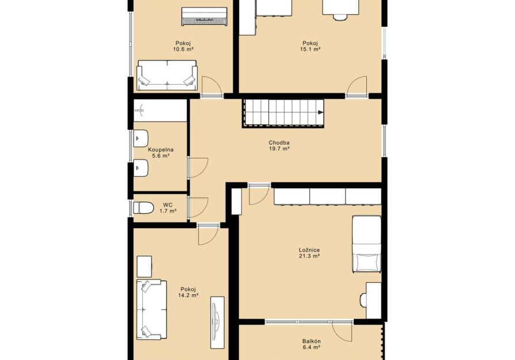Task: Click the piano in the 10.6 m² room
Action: pyautogui.click(x=204, y=17)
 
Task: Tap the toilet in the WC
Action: pyautogui.click(x=143, y=207)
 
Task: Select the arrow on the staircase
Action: pyautogui.click(x=320, y=113)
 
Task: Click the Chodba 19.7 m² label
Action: pyautogui.click(x=279, y=146)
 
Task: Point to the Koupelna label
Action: pyautogui.click(x=161, y=150)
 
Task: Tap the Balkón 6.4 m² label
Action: pyautogui.click(x=312, y=344)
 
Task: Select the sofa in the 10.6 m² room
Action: pyautogui.click(x=167, y=75)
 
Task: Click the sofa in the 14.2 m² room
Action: pyautogui.click(x=152, y=309)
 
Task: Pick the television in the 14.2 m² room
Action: pyautogui.click(x=217, y=323)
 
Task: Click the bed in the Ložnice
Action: pyautogui.click(x=366, y=244)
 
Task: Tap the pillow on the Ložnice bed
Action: pyautogui.click(x=367, y=263)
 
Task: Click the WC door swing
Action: pyautogui.click(x=198, y=207)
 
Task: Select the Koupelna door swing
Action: pyautogui.click(x=198, y=168)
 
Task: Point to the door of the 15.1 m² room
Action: pyautogui.click(x=357, y=86)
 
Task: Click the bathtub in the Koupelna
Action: pyautogui.click(x=160, y=111)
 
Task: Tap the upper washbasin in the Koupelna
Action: pyautogui.click(x=141, y=138)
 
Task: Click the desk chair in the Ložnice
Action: pyautogui.click(x=363, y=300)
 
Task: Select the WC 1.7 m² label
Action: pyautogui.click(x=168, y=208)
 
